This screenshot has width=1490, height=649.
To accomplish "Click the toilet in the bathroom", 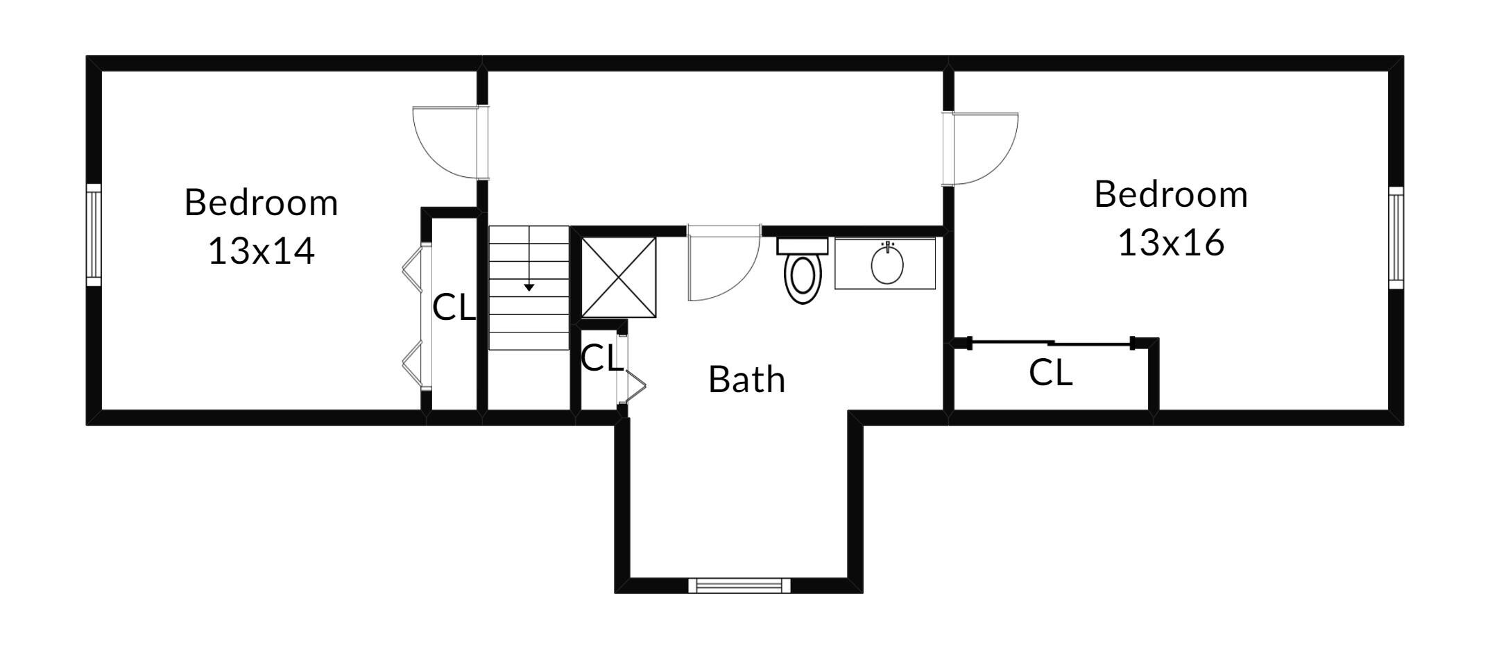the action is coord(803,271).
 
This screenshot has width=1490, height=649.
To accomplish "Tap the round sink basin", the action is coord(887,264).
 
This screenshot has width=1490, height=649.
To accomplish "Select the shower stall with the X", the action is coord(619,277).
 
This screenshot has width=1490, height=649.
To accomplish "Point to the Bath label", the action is coord(747,380).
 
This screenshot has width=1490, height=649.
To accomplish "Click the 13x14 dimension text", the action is coord(262,251).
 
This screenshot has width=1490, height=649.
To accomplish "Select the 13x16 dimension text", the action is coord(1171,243).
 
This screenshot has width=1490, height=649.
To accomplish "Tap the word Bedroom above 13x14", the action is coord(262,203).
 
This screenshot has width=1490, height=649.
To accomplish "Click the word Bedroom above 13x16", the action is coord(1171,194).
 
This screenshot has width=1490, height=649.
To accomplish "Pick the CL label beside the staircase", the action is coord(454,307).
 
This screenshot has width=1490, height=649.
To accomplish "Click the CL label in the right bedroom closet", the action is coord(1051,373).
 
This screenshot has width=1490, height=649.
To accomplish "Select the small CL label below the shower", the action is coord(601,358).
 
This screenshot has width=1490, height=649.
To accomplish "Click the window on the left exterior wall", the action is coord(94,235).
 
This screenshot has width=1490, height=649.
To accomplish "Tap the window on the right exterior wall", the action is coord(1396,237).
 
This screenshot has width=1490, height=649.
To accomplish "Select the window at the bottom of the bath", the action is coord(739,585).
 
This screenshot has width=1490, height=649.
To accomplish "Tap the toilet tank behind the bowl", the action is coord(803,246).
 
